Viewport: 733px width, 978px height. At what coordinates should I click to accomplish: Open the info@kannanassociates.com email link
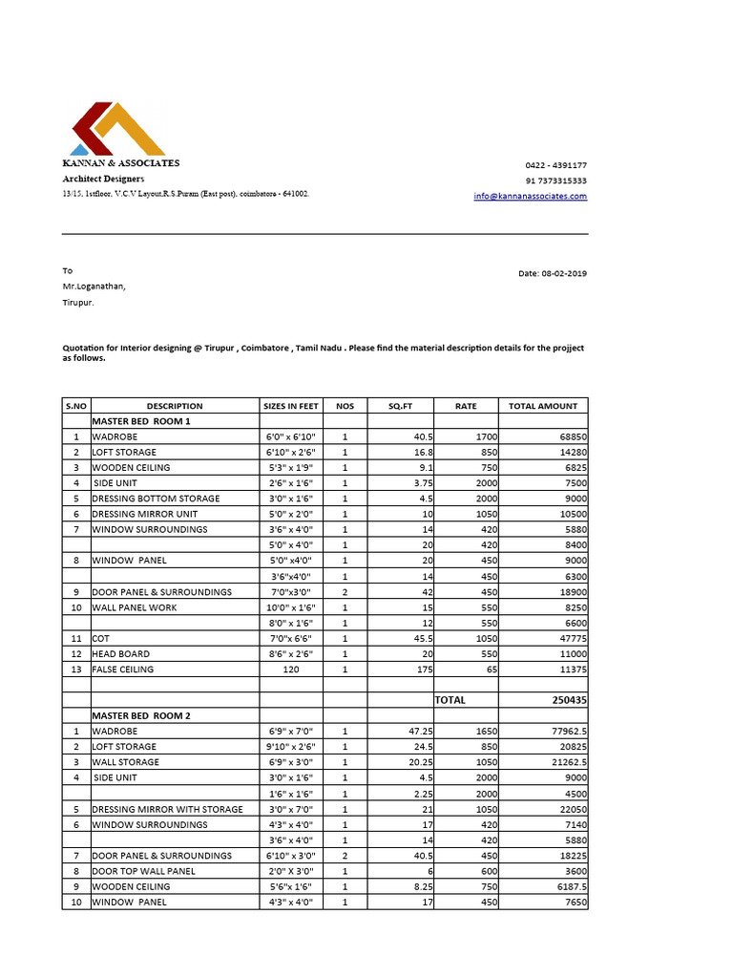pyautogui.click(x=531, y=196)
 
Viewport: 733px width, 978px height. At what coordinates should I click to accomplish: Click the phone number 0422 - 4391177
pyautogui.click(x=555, y=165)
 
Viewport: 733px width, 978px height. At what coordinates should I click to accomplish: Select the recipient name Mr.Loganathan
pyautogui.click(x=94, y=286)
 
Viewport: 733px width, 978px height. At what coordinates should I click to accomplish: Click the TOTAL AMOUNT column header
pyautogui.click(x=542, y=406)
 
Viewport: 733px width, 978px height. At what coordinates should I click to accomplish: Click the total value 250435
pyautogui.click(x=570, y=700)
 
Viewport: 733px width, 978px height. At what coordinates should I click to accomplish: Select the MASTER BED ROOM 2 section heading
pyautogui.click(x=141, y=715)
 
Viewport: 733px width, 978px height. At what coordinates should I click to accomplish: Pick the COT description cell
pyautogui.click(x=101, y=638)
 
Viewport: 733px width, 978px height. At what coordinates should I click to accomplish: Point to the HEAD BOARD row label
pyautogui.click(x=120, y=654)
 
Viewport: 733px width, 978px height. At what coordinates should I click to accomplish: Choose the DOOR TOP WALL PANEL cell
pyautogui.click(x=143, y=871)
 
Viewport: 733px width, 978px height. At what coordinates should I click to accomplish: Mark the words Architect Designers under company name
pyautogui.click(x=104, y=179)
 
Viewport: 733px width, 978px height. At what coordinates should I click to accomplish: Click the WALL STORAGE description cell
pyautogui.click(x=125, y=762)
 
